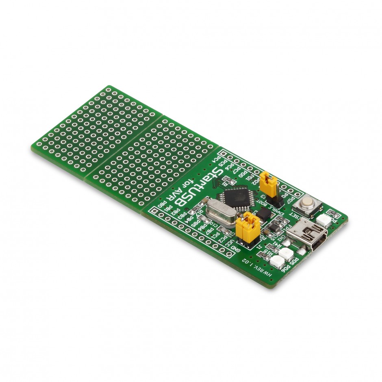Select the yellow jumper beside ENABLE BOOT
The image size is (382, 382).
(268, 183)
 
